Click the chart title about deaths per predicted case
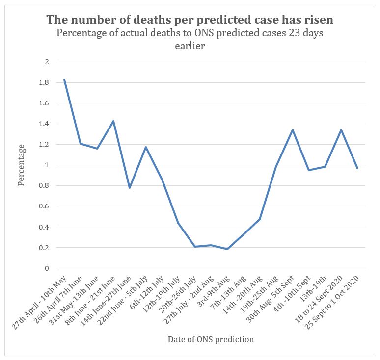tap(190, 20)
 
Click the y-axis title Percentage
tap(21, 165)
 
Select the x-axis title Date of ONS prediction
tap(211, 339)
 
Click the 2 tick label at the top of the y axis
tap(47, 62)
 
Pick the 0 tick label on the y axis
tap(47, 268)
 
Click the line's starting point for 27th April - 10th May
tap(64, 80)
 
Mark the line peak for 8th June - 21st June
tap(113, 121)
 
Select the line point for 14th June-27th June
tap(130, 188)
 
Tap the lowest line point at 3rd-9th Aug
tap(227, 249)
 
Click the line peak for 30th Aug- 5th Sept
tap(292, 130)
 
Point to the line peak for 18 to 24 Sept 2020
tap(341, 130)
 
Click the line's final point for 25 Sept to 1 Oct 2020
tap(357, 168)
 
